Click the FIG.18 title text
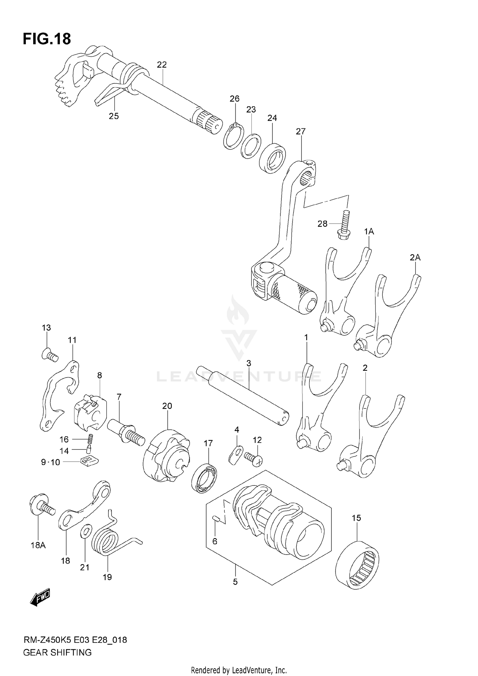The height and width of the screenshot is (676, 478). (x=47, y=39)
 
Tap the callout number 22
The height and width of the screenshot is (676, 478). (x=162, y=65)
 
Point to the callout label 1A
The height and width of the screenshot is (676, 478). (x=369, y=232)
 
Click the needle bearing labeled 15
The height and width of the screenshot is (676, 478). (x=358, y=565)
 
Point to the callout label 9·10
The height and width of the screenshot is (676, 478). (x=50, y=462)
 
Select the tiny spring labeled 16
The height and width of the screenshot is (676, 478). (x=91, y=440)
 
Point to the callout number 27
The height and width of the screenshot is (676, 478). (x=301, y=131)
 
